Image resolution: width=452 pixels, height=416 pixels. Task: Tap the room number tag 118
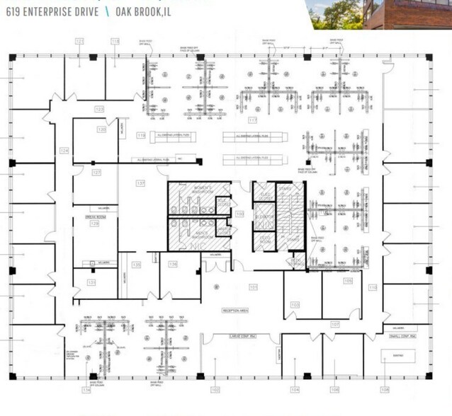(x=114, y=41)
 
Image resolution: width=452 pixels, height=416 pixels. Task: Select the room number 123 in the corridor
(x=99, y=109)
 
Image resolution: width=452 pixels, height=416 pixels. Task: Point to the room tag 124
(x=64, y=151)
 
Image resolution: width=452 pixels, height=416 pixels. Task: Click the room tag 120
(x=102, y=130)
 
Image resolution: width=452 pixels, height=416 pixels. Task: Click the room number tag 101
(x=253, y=287)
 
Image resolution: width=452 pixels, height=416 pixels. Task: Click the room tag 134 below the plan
(x=86, y=390)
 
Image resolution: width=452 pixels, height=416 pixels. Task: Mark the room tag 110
(x=371, y=287)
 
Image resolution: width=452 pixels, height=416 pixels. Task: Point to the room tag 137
(x=140, y=184)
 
